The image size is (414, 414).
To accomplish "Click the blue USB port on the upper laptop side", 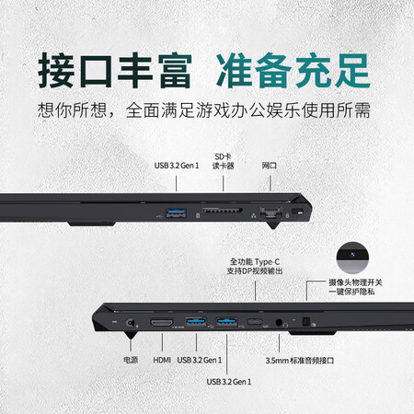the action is point(176,213).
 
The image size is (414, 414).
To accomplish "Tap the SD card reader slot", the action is point(223,210).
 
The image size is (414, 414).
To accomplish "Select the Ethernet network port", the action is point(270,213).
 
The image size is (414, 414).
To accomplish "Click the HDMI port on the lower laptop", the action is point(162,323).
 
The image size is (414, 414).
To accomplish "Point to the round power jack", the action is point(130,323).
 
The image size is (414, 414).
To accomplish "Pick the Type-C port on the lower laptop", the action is point(255,322).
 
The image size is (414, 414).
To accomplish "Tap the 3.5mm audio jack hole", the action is point(279,323).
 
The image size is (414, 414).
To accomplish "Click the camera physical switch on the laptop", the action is point(306,322).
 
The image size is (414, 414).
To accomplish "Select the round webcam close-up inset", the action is point(352,258).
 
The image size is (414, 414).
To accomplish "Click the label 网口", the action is point(270,166).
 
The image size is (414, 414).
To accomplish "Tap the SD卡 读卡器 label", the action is point(223,161).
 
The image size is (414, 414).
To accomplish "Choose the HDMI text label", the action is point(162,360).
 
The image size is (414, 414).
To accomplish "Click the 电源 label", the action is point(131,360).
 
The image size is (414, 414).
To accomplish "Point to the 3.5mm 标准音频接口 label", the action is point(300,361).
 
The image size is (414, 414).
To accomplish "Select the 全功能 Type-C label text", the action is point(255,262).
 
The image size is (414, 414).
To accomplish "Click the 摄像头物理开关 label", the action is point(355,282).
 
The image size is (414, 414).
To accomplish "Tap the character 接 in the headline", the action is point(56,70).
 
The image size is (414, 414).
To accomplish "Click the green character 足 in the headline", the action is point(352,71).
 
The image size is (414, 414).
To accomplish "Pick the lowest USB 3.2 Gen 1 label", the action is point(229,382).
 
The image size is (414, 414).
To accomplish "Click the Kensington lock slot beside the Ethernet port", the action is point(297,211).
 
